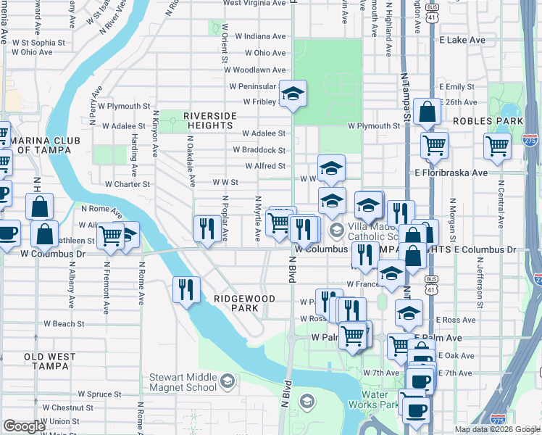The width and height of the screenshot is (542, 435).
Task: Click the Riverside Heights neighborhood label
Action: coord(209,121)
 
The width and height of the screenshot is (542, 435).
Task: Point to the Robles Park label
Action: coord(488,121)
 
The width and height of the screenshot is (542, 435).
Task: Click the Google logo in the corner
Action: coord(24,426)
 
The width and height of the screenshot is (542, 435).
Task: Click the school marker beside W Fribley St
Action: coord(293,94)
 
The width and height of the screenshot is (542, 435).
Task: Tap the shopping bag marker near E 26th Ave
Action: coord(428,112)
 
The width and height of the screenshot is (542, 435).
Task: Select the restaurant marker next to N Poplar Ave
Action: coord(207,228)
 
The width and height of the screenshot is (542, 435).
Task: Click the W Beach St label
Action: coord(64,323)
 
